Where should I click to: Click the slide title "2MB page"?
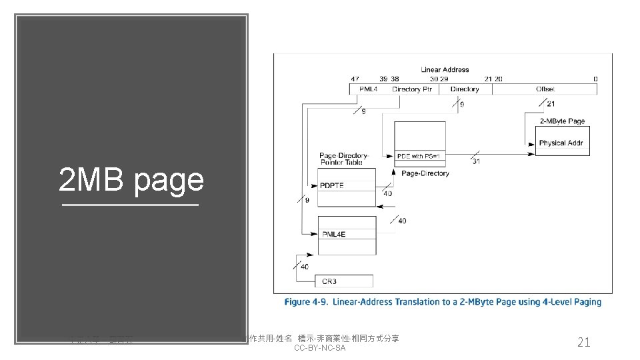(x=131, y=180)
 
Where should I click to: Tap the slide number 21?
(x=583, y=342)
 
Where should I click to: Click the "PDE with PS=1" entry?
(x=419, y=156)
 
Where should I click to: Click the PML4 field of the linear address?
(x=369, y=89)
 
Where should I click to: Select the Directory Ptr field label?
(x=412, y=89)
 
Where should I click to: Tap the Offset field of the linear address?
(x=545, y=89)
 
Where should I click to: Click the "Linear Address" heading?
(x=445, y=69)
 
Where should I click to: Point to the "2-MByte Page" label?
(x=563, y=121)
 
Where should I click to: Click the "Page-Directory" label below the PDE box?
(x=425, y=173)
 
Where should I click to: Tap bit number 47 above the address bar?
(x=355, y=79)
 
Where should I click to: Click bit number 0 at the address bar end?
(x=595, y=79)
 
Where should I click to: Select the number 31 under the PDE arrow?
(x=476, y=161)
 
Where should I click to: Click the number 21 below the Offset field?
(x=551, y=104)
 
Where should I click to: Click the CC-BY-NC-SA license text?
(x=319, y=348)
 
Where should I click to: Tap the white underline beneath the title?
(x=131, y=205)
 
